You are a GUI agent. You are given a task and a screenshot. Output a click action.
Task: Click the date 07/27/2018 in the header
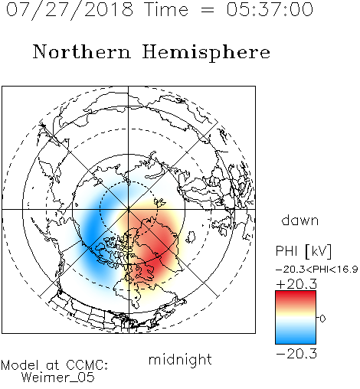(x=70, y=10)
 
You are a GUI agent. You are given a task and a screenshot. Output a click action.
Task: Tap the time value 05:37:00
(x=270, y=9)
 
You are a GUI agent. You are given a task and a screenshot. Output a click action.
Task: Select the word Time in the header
(x=166, y=9)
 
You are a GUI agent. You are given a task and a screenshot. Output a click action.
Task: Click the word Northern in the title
(x=82, y=51)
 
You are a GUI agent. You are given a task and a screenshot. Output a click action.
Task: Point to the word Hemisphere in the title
(x=206, y=53)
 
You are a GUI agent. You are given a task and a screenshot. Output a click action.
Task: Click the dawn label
(x=300, y=220)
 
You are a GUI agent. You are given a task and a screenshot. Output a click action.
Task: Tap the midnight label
(x=180, y=359)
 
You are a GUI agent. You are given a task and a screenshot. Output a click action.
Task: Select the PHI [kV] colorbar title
(x=303, y=251)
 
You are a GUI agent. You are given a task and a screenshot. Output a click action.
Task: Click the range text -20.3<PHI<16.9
(x=317, y=270)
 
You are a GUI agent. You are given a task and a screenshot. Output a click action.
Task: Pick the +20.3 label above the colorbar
(x=296, y=284)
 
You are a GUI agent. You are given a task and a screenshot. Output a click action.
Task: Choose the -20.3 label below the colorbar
(x=296, y=354)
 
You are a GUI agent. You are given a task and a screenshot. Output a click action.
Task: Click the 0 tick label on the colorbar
(x=322, y=319)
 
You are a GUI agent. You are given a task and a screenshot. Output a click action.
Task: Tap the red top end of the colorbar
(x=296, y=293)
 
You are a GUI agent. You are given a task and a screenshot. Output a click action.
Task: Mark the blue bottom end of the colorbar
(x=296, y=341)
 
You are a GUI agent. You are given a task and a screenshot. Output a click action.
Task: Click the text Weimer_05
(x=58, y=378)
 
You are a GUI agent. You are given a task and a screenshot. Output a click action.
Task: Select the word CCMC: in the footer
(x=87, y=365)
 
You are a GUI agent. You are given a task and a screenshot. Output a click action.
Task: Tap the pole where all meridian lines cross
(x=128, y=209)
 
